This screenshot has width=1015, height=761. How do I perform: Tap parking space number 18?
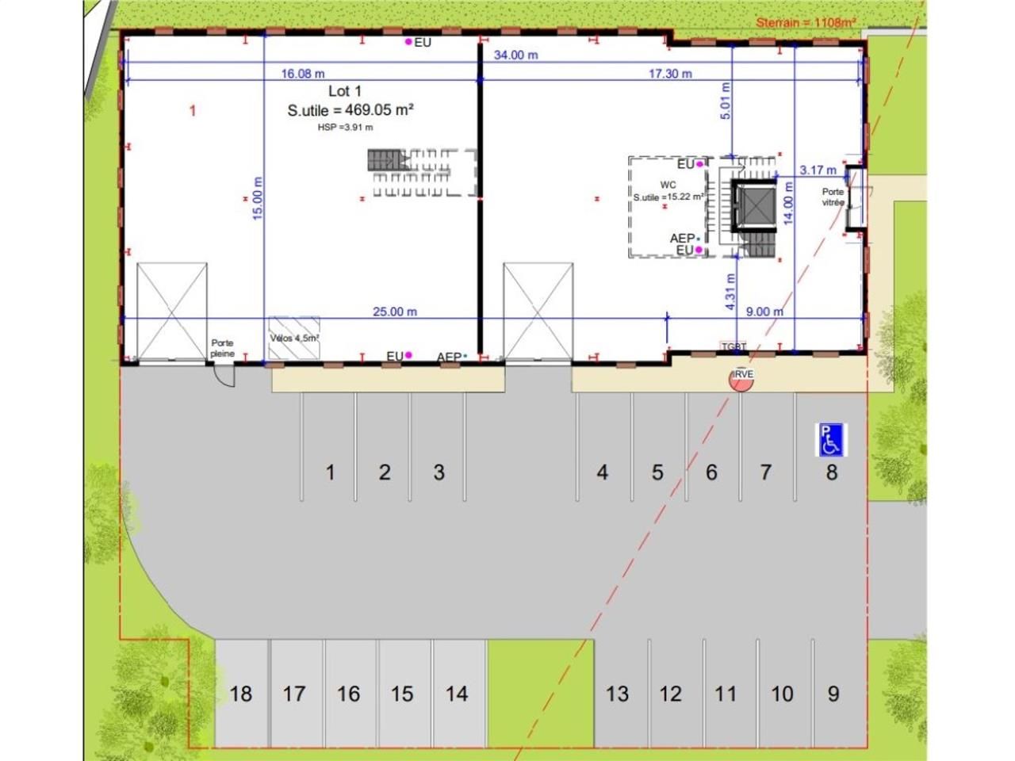click(240, 694)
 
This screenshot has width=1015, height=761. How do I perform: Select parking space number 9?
click(833, 694)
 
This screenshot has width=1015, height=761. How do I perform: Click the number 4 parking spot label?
click(602, 472)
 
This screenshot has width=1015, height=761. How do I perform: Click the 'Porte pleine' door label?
click(222, 349)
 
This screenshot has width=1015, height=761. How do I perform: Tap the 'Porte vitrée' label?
click(833, 197)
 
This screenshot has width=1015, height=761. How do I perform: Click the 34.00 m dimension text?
click(515, 55)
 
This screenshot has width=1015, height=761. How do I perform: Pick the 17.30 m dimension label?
click(670, 74)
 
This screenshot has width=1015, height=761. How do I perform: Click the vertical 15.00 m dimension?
click(258, 198)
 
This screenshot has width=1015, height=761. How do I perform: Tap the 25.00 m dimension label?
click(394, 312)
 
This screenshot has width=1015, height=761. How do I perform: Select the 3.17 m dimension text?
click(818, 170)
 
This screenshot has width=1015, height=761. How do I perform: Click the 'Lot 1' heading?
click(345, 92)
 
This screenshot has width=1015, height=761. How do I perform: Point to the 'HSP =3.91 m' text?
click(345, 127)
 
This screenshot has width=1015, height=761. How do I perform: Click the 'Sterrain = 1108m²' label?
click(805, 22)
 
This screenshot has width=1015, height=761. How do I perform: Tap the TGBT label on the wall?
click(733, 347)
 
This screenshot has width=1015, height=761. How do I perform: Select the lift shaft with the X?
click(750, 207)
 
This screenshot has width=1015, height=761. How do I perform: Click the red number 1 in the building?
click(192, 111)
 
